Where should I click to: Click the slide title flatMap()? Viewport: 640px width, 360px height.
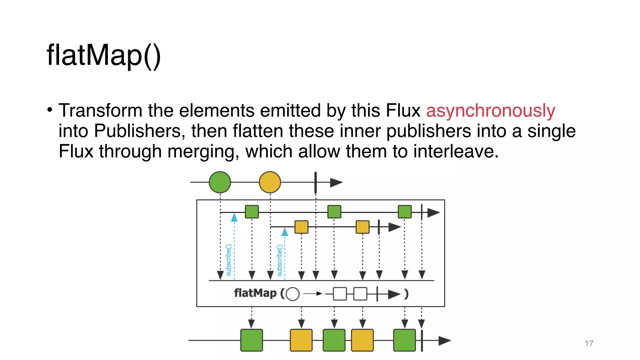click(x=104, y=55)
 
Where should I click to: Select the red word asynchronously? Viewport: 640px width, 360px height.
click(x=490, y=111)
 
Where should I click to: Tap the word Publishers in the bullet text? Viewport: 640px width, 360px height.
click(x=137, y=131)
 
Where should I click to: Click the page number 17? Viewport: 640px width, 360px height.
click(x=589, y=343)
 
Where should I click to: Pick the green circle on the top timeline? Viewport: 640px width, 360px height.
click(x=220, y=182)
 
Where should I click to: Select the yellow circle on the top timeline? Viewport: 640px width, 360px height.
click(x=270, y=182)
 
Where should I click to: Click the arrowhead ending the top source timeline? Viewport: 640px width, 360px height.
click(x=336, y=182)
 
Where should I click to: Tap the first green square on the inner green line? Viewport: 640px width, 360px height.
click(x=252, y=212)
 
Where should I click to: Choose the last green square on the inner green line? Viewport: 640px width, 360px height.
click(x=405, y=212)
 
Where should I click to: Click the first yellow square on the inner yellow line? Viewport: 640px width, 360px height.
click(x=301, y=227)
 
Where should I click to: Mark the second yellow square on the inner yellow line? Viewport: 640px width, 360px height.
click(x=362, y=227)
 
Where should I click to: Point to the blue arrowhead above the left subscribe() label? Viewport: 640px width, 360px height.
click(x=234, y=217)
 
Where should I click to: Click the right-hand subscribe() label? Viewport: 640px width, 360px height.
click(x=280, y=260)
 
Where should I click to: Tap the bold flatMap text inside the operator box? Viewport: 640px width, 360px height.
click(x=255, y=293)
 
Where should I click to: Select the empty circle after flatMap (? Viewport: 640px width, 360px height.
click(x=292, y=294)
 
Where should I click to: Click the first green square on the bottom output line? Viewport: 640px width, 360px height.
click(x=252, y=340)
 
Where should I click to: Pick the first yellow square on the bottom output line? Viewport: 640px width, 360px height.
click(x=301, y=340)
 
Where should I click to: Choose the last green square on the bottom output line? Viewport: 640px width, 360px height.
click(x=404, y=340)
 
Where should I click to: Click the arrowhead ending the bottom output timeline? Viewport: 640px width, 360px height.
click(x=444, y=341)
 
